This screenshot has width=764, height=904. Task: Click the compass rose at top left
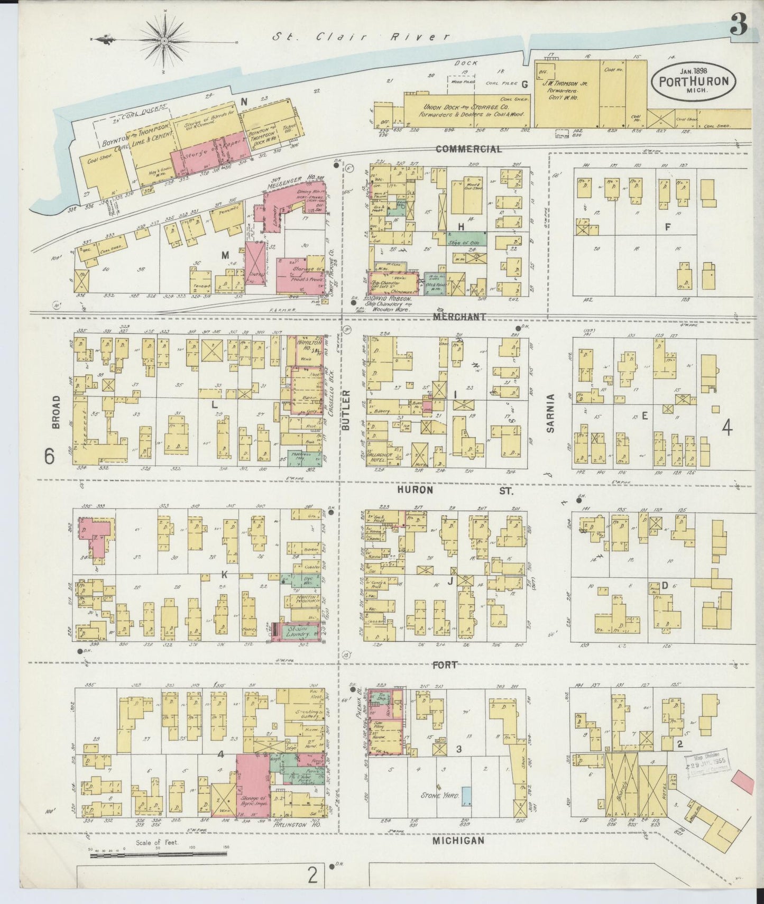point(165,40)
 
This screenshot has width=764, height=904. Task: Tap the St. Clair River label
point(362,37)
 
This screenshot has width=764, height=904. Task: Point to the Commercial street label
point(468,150)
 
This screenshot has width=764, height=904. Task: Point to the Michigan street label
point(458,841)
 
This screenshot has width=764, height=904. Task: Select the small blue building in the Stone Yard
point(467,796)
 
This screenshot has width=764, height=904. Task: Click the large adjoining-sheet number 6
point(49,456)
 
